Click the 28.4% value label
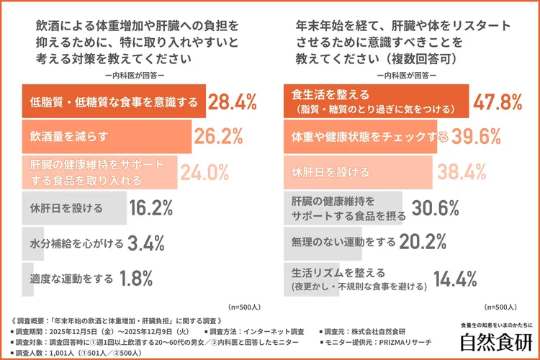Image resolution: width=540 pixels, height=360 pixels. click(233, 102)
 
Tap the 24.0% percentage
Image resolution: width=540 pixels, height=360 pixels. click(204, 172)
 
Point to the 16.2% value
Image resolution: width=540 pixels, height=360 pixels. click(150, 209)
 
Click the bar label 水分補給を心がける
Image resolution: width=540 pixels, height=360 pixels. click(77, 243)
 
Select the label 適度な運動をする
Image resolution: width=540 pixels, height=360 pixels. click(72, 278)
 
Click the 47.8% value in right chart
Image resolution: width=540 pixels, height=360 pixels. click(498, 102)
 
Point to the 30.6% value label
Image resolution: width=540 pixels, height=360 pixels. click(436, 209)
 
